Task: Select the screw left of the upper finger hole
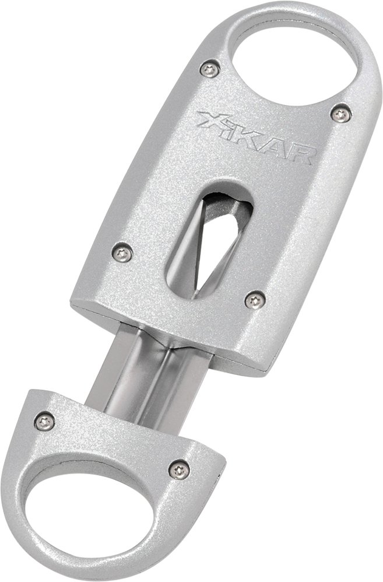(x=210, y=70)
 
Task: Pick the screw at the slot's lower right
(x=253, y=300)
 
